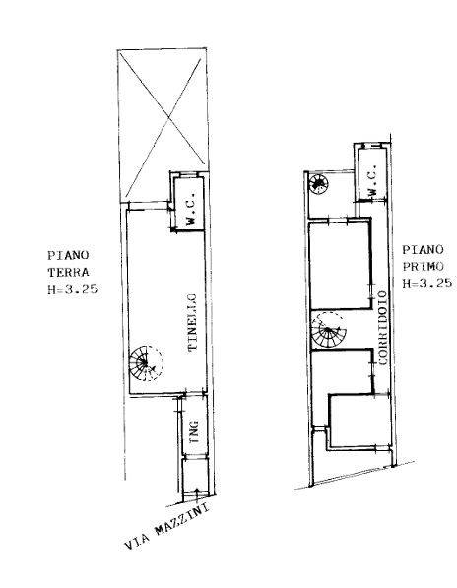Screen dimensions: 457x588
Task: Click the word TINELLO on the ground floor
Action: click(x=192, y=322)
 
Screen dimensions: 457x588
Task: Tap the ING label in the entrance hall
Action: click(x=194, y=431)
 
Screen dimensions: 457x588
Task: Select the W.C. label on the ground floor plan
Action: click(x=190, y=208)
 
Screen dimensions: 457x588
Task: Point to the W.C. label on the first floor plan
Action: click(x=372, y=181)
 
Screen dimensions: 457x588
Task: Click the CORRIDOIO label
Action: click(x=382, y=328)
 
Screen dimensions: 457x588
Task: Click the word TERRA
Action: click(x=68, y=272)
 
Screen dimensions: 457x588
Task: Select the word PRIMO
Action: click(x=423, y=266)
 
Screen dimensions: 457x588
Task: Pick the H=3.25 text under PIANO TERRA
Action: click(x=73, y=289)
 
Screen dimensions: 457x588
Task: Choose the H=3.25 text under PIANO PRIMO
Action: click(x=427, y=283)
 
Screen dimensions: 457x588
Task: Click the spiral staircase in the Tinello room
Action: click(x=146, y=362)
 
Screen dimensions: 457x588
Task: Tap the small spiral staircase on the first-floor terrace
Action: click(x=318, y=184)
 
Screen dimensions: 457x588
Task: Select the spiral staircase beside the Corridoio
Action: click(x=328, y=330)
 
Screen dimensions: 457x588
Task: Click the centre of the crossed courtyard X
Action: click(x=169, y=119)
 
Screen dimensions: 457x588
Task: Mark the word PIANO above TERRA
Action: click(x=68, y=255)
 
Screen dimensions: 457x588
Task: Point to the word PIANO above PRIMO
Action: click(x=423, y=250)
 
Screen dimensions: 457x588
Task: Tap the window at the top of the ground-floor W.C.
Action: click(x=187, y=174)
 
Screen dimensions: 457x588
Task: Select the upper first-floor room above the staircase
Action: click(x=339, y=265)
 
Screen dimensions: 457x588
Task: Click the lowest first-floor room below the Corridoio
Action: click(x=359, y=421)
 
